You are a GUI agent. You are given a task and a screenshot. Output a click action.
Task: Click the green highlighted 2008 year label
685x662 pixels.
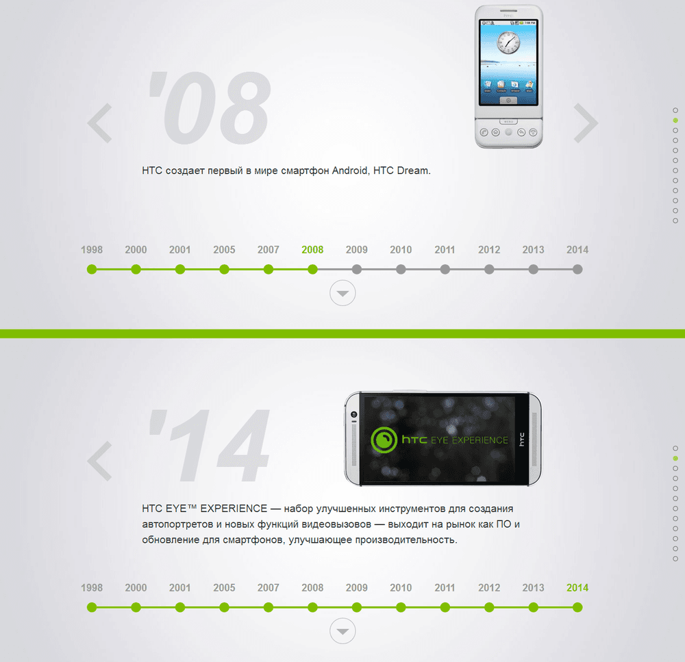[312, 250]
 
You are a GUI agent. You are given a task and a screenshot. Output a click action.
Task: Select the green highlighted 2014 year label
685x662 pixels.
[577, 588]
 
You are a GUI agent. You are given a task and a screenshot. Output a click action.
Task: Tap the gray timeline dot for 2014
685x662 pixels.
[577, 270]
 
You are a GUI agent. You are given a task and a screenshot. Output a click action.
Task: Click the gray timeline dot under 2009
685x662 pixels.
[356, 270]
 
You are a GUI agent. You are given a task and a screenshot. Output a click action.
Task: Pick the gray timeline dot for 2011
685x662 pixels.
[445, 270]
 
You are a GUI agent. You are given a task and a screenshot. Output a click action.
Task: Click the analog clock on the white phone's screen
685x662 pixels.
[508, 43]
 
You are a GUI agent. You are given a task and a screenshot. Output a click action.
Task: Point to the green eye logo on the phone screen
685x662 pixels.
[384, 440]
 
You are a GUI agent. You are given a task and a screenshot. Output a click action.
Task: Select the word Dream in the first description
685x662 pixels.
[414, 170]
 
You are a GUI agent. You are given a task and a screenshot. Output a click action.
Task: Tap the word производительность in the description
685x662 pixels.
[406, 540]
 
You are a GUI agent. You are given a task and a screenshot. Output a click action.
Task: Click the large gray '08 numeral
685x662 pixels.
[209, 108]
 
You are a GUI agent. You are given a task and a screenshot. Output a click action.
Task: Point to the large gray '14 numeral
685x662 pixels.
[209, 446]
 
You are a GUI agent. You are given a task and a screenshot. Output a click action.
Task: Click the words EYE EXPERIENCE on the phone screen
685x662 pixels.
[470, 440]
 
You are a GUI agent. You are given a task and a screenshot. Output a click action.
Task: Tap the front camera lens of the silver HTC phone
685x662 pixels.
[354, 414]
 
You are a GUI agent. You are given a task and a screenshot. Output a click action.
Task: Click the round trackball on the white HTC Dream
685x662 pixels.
[508, 132]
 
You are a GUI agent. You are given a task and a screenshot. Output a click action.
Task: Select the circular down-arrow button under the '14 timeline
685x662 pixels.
[342, 631]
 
